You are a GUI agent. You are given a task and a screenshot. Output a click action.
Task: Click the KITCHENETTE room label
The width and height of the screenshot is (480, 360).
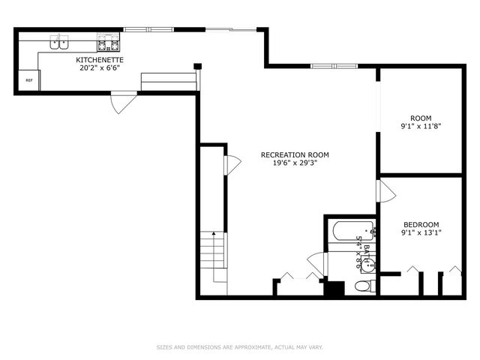point(100,60)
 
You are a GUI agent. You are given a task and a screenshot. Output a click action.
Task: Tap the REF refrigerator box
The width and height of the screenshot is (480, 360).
point(29,80)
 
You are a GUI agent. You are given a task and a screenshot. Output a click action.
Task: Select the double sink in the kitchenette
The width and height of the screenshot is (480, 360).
point(59,42)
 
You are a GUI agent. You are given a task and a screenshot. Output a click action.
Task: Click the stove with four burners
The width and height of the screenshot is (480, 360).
point(108,42)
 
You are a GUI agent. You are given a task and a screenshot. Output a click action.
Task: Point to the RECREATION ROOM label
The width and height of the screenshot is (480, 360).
point(295,155)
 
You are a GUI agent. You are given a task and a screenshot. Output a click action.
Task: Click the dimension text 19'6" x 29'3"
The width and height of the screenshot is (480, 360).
point(295,163)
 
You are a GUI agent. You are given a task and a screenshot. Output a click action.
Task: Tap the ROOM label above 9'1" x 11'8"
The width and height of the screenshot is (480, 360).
point(421,118)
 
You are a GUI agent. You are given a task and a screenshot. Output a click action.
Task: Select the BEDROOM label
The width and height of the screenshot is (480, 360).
point(421,224)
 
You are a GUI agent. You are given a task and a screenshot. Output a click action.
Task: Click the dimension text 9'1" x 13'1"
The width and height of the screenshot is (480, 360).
point(421,232)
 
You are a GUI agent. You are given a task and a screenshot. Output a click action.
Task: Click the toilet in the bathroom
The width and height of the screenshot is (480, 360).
point(365,286)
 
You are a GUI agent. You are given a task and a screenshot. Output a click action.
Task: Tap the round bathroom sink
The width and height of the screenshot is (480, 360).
point(368,265)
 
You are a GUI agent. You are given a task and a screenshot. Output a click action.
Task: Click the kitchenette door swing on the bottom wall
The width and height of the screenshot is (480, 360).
point(124,102)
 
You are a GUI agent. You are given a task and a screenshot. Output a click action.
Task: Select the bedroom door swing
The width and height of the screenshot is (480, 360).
point(386,191)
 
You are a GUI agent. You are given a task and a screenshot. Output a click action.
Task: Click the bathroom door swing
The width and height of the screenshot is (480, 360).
point(317,263)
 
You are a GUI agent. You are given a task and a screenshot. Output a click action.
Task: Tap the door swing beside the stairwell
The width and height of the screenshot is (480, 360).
point(232,165)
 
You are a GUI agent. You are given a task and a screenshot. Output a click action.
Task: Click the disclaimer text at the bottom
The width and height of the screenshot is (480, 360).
point(240,347)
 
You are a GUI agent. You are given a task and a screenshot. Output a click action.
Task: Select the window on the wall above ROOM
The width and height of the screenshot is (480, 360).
point(334,66)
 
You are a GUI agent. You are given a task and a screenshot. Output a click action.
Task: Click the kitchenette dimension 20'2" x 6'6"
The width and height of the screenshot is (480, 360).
point(100,68)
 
